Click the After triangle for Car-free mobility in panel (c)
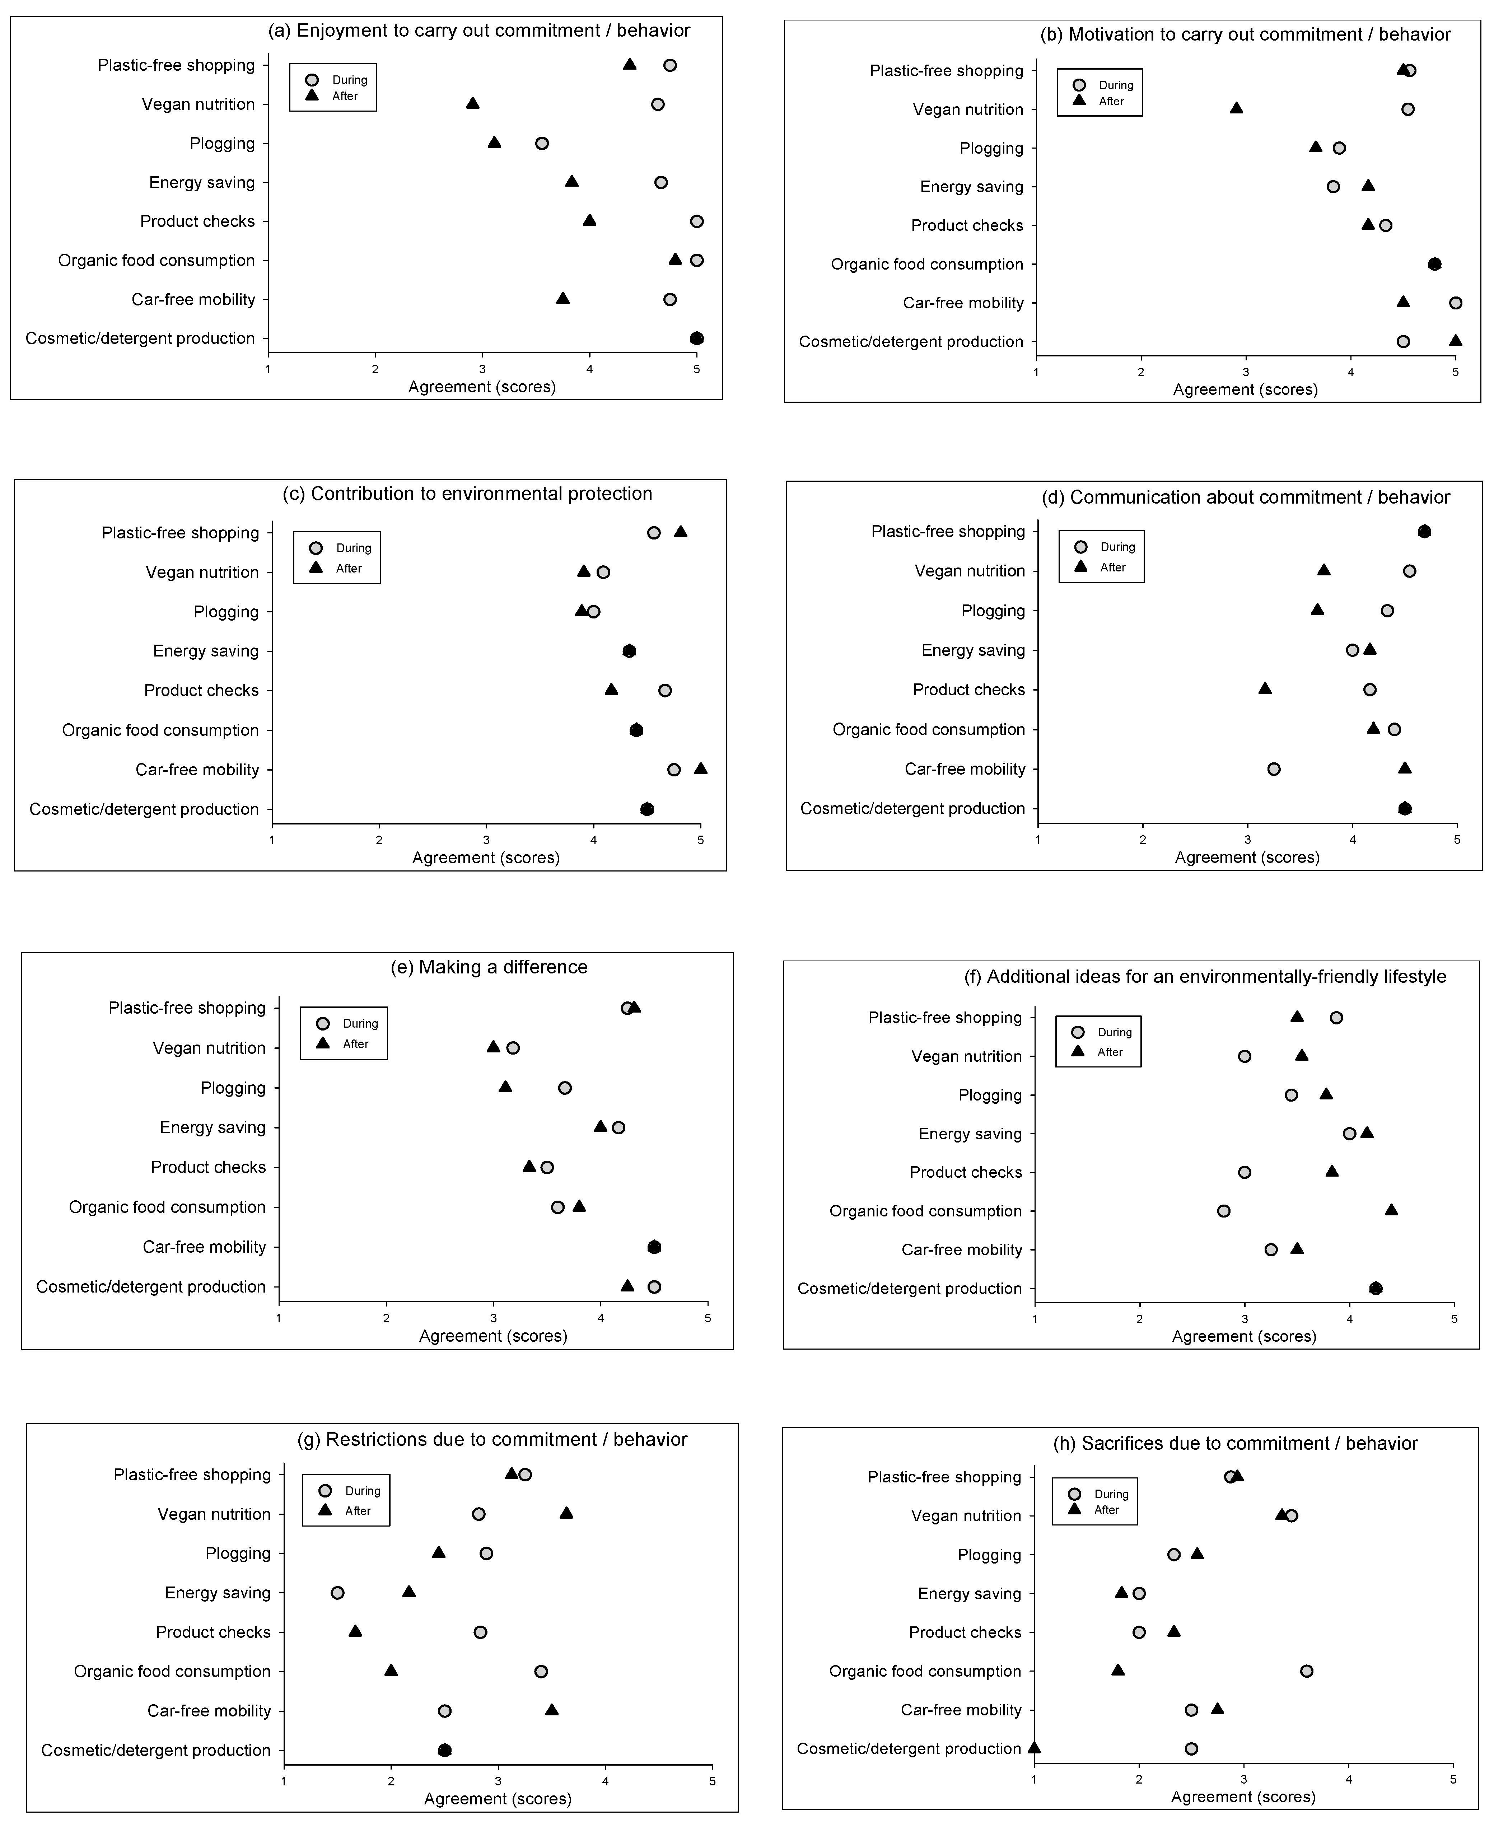tap(701, 768)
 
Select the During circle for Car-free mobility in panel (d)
tap(1274, 769)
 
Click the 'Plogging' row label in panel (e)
tap(233, 1088)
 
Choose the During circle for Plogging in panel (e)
tap(565, 1088)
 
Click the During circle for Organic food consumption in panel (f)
tap(1224, 1211)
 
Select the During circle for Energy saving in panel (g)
tap(337, 1593)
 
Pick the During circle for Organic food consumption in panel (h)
tap(1306, 1671)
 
